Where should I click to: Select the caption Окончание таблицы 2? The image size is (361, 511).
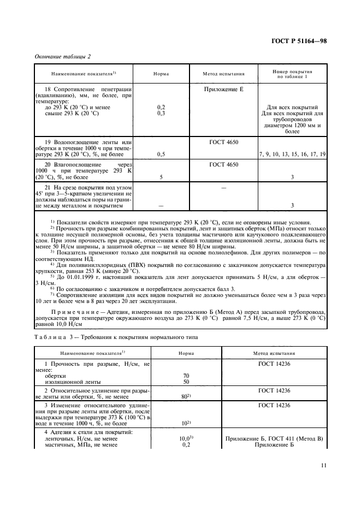(62, 56)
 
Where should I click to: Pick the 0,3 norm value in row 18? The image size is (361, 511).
(162, 114)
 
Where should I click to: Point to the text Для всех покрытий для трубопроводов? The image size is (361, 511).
(292, 114)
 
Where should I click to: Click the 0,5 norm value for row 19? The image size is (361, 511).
(162, 155)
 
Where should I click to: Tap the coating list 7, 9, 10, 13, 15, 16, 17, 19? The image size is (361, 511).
(292, 155)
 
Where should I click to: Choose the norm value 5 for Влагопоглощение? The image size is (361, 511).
(162, 177)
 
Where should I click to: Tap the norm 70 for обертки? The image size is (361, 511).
(186, 376)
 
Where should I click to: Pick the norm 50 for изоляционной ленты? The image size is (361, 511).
(186, 382)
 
